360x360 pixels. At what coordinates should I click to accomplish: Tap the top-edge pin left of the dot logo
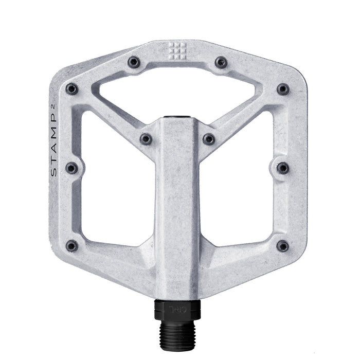coord(134,63)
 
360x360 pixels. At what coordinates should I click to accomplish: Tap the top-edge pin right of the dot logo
coord(221,63)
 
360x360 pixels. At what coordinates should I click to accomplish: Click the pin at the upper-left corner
coord(72,89)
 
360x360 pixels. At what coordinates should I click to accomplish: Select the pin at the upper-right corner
coord(283,89)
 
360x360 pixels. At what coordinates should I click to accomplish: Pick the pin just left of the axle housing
coord(147,138)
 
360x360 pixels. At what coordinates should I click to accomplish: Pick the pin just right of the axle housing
coord(208,138)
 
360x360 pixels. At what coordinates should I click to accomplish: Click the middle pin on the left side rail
coord(72,168)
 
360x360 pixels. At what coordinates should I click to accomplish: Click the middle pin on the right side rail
coord(283,168)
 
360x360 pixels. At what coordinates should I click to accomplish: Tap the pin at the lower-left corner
coord(72,246)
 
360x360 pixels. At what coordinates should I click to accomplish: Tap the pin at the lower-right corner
coord(283,246)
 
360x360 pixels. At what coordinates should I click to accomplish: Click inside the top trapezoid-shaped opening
coord(177,93)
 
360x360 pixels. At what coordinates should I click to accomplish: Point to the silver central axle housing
coord(177,206)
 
